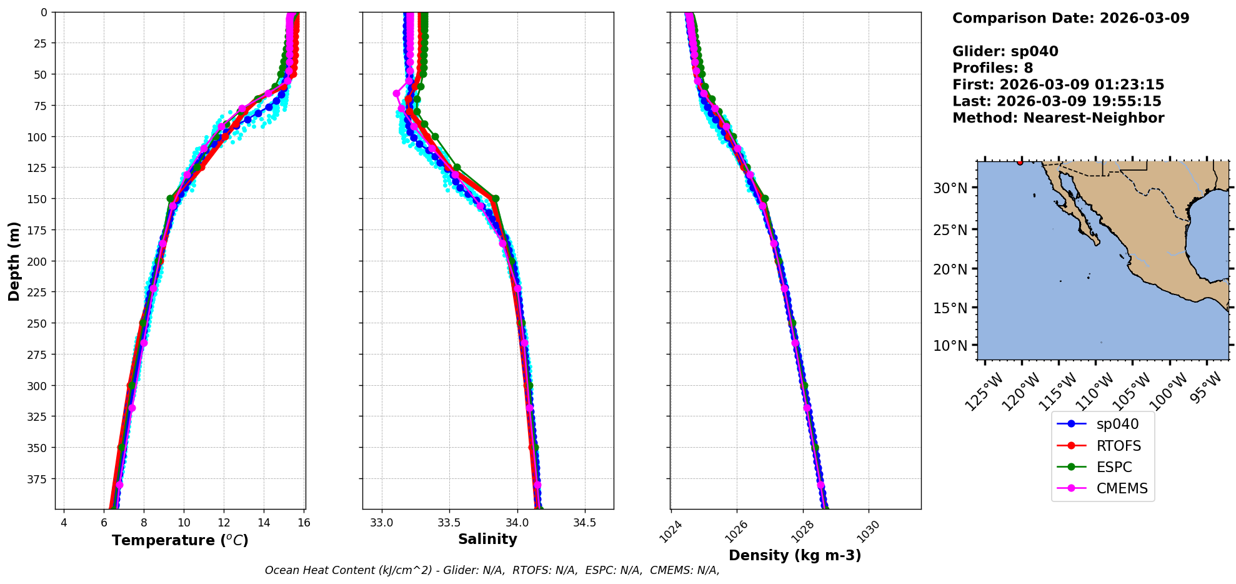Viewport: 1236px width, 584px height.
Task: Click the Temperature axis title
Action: (x=180, y=540)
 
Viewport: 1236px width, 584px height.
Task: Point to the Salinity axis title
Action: (x=487, y=539)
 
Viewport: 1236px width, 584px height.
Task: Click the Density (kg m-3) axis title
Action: (x=795, y=555)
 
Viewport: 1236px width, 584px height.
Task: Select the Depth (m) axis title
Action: (x=14, y=261)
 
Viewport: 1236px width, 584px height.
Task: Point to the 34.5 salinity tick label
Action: (x=584, y=523)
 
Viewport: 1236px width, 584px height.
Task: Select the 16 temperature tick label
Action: (x=304, y=523)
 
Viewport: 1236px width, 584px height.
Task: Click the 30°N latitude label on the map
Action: (x=950, y=188)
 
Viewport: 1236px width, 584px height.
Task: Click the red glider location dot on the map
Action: (x=1020, y=163)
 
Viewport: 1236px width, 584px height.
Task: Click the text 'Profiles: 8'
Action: (x=992, y=68)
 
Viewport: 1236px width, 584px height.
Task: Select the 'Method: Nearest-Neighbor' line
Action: (x=1058, y=118)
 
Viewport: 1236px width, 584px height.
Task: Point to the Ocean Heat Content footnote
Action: (x=492, y=570)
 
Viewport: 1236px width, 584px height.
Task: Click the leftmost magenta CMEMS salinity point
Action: (x=396, y=94)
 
